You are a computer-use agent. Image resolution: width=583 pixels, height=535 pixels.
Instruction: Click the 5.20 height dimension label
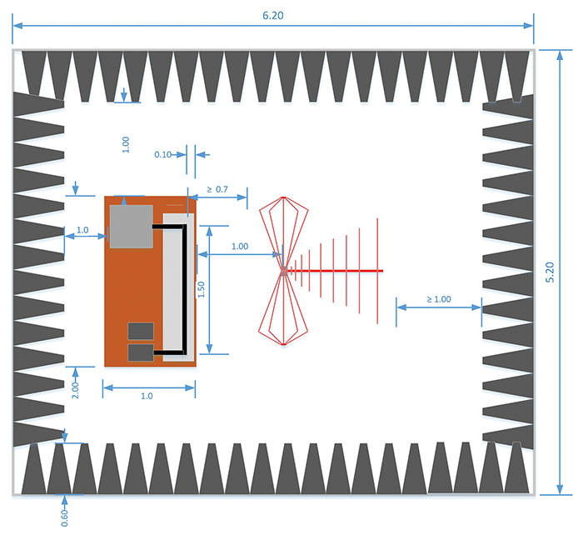[551, 272]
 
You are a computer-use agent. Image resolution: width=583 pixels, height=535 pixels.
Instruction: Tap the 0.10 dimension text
[163, 154]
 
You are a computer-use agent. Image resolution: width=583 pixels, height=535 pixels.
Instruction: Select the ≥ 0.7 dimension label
[217, 190]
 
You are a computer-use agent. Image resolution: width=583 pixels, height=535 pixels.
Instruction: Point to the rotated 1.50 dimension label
[201, 288]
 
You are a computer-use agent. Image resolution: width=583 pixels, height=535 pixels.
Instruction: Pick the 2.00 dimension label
[75, 387]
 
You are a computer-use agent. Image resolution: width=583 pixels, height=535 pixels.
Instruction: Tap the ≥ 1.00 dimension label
[439, 298]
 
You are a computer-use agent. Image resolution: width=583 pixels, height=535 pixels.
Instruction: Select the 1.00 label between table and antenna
[240, 246]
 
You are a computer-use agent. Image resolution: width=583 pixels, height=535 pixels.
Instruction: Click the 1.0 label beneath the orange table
[147, 396]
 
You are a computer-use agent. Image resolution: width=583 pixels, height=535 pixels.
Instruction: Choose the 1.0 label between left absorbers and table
[82, 229]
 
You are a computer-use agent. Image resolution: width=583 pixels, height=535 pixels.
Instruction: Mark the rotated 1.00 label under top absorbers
[126, 143]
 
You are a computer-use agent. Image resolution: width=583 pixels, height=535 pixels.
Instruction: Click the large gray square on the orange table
[130, 226]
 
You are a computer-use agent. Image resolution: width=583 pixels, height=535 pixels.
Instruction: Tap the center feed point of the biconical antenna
[284, 270]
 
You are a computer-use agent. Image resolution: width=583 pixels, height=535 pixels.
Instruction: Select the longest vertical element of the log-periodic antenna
[378, 271]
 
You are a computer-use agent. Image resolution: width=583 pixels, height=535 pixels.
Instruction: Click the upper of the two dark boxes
[139, 331]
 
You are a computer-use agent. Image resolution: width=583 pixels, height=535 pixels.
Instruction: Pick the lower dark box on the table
[139, 352]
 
